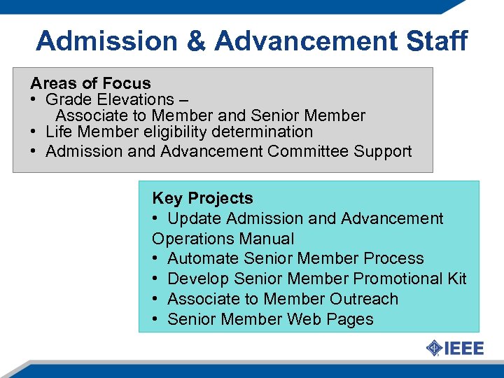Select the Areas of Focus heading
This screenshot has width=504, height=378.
pyautogui.click(x=90, y=84)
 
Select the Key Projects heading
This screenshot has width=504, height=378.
pyautogui.click(x=202, y=199)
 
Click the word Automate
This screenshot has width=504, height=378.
pyautogui.click(x=200, y=259)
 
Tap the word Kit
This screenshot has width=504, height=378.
pyautogui.click(x=457, y=279)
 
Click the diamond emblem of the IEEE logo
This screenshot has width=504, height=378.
pyautogui.click(x=435, y=348)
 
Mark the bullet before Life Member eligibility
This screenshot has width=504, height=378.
pyautogui.click(x=34, y=132)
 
